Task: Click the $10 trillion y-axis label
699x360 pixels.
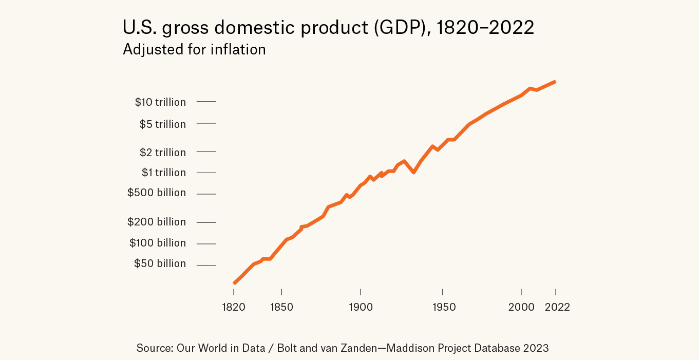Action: pos(160,102)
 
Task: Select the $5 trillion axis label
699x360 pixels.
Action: pos(162,124)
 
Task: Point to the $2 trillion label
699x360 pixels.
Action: pos(162,153)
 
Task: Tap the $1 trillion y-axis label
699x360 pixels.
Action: pos(163,173)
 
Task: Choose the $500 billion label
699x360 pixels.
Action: pos(156,193)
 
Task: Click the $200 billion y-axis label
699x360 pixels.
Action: pos(156,222)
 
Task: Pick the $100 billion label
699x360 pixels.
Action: pos(157,243)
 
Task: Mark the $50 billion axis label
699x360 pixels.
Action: pos(160,263)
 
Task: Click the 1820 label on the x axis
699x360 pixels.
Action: pos(234,307)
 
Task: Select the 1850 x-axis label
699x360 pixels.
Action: pos(281,307)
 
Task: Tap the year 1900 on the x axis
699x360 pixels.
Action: pos(361,307)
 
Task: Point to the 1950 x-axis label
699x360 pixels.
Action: pos(444,307)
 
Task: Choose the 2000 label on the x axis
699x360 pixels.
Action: pos(521,307)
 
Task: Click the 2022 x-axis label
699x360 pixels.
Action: pos(557,307)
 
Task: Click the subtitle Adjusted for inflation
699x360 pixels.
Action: pos(194,49)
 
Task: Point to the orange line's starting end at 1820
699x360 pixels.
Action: pos(234,283)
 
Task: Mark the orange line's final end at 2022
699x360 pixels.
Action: pos(555,82)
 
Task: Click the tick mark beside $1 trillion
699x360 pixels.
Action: pos(206,173)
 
